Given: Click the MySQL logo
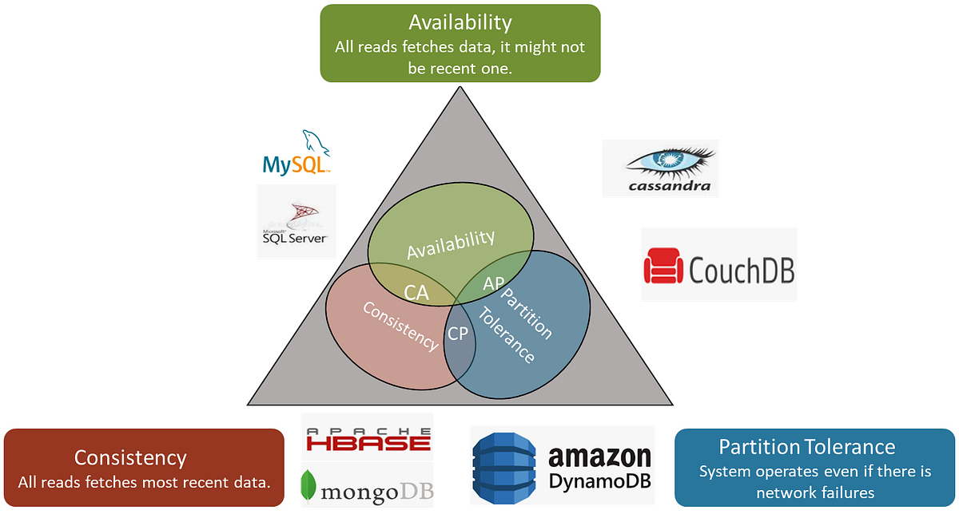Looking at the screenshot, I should [296, 153].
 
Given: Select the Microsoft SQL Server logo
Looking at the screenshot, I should [296, 223].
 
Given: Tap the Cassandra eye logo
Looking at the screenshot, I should [670, 163].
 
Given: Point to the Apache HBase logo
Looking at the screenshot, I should [368, 436].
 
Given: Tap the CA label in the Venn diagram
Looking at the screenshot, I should [416, 293].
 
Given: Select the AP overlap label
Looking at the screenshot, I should [494, 283].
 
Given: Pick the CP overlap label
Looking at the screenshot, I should [457, 333].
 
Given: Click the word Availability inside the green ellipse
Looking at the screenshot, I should [451, 244].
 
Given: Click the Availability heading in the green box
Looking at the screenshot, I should [460, 22].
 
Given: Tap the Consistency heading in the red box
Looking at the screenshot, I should [130, 457].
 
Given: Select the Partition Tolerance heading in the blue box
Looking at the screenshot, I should [807, 446].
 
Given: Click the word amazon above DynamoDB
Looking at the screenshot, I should [599, 456].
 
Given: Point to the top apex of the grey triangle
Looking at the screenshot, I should [460, 89].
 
